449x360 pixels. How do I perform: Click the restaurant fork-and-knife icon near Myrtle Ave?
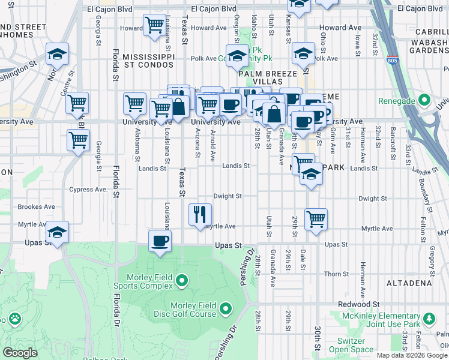coord(200,214)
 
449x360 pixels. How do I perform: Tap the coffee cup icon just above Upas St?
coord(160,241)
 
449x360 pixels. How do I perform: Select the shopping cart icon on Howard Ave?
coord(154,26)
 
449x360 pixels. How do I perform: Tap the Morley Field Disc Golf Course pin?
coord(226,309)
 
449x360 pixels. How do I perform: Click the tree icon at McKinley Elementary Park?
coord(429,319)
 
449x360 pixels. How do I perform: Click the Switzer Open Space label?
coord(351,345)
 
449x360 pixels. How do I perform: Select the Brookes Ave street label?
coord(37,206)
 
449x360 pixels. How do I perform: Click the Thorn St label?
coord(332,274)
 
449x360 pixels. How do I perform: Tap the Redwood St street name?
coord(376,305)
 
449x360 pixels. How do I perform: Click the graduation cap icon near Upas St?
coord(57,232)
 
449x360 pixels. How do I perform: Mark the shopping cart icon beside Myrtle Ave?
coord(316,219)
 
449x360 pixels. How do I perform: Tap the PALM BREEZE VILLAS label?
coord(268,77)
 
